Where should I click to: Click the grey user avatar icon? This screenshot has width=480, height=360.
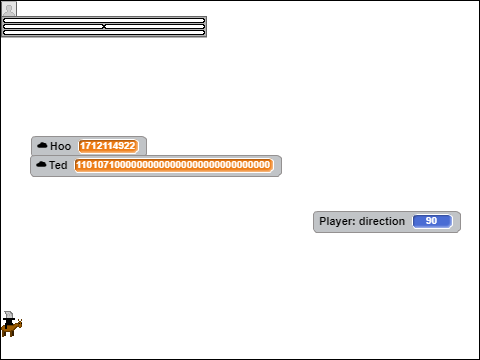pyautogui.click(x=9, y=9)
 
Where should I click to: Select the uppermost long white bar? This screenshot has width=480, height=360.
pyautogui.click(x=104, y=21)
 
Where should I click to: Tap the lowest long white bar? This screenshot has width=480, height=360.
pyautogui.click(x=104, y=32)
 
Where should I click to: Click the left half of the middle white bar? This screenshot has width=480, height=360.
pyautogui.click(x=53, y=26)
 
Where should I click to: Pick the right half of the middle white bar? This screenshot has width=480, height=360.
pyautogui.click(x=155, y=26)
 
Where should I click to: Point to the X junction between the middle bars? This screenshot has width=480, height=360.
pyautogui.click(x=104, y=26)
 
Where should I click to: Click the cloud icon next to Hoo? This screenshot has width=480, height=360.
pyautogui.click(x=42, y=145)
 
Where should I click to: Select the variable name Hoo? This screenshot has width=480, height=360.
pyautogui.click(x=60, y=146)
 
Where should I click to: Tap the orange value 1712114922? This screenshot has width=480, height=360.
pyautogui.click(x=108, y=146)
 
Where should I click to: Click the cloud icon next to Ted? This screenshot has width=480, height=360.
pyautogui.click(x=41, y=165)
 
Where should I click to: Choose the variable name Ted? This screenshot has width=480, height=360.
pyautogui.click(x=58, y=165)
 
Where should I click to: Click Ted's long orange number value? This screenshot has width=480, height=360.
pyautogui.click(x=173, y=165)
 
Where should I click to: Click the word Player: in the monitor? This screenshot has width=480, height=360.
pyautogui.click(x=337, y=221)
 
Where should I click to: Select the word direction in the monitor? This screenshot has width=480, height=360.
pyautogui.click(x=382, y=221)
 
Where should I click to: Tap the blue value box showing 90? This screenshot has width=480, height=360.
pyautogui.click(x=432, y=221)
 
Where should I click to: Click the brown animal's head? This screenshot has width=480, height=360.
pyautogui.click(x=19, y=323)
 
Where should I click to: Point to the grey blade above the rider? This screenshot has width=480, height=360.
pyautogui.click(x=9, y=314)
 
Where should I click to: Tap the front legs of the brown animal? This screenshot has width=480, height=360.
pyautogui.click(x=12, y=333)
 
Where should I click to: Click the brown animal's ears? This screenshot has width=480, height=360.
pyautogui.click(x=20, y=320)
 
